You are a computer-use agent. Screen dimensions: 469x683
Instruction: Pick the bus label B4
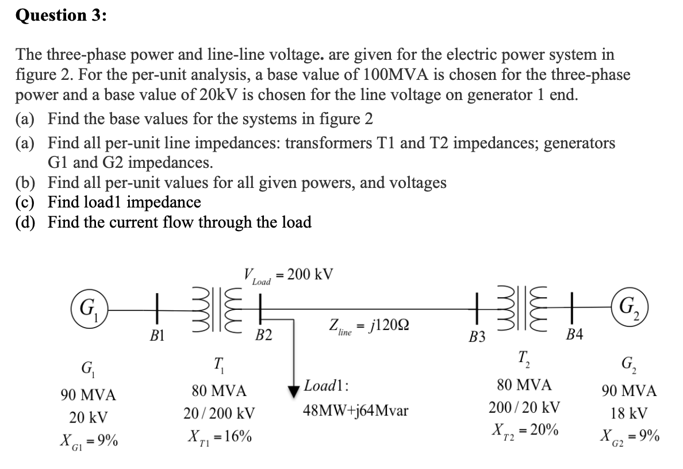[575, 336]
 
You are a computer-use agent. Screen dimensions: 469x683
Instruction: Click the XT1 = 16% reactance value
[220, 436]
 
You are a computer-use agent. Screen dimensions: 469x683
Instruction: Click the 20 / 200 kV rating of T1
[220, 413]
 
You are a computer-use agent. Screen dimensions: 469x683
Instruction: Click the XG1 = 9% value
[89, 441]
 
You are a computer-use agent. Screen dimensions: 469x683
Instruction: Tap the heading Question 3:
[60, 15]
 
